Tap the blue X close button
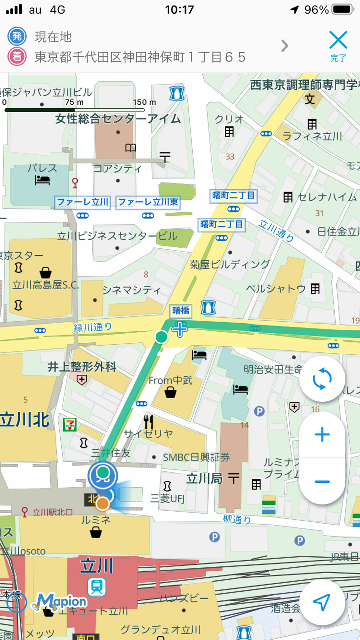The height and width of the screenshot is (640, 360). pos(338,40)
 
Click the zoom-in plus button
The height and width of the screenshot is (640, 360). pos(322,435)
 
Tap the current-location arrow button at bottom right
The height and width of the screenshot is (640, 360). pos(322,603)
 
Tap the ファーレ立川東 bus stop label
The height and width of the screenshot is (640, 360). pos(147,202)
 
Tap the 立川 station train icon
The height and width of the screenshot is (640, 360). pos(96,587)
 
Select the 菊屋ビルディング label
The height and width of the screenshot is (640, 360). pos(230,264)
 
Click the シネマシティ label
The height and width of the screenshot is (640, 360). pos(131,290)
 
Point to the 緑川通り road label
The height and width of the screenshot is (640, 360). pos(93,327)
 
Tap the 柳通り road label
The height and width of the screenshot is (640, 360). pos(237,519)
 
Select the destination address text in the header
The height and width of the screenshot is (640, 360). pos(140,57)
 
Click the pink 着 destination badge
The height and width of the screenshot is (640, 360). pos(17,57)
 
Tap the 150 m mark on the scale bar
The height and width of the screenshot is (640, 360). pos(144,102)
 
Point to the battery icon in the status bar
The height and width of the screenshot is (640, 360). pos(343,10)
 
